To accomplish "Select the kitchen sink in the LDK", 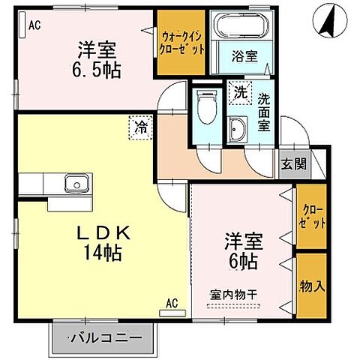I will pos(75,182).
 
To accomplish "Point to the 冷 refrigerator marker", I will pos(141,129).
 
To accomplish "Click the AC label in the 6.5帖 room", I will pos(34,25).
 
